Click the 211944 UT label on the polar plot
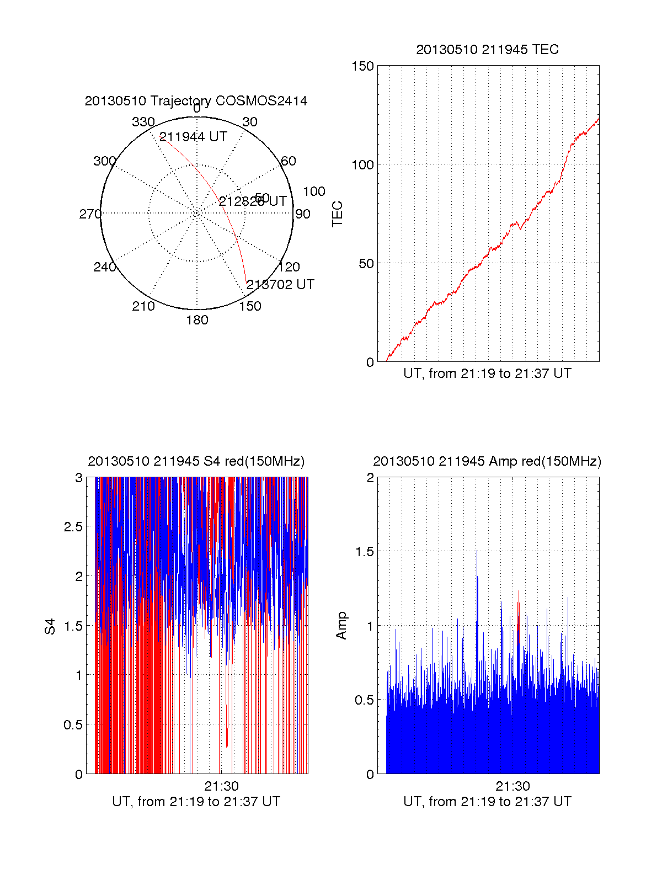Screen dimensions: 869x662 pos(193,137)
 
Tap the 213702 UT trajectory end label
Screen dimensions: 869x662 pos(280,285)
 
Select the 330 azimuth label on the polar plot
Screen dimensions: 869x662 pos(143,122)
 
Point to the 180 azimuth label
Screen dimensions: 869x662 pos(197,320)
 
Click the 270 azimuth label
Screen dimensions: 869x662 pos(90,214)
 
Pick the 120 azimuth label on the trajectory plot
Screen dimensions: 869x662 pos(289,268)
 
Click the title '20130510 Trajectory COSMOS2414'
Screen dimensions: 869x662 pos(196,101)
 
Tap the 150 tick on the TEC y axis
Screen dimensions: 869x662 pos(362,66)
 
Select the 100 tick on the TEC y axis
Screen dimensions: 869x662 pos(362,165)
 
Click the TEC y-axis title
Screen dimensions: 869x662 pos(337,214)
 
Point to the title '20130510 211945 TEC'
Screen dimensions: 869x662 pos(487,50)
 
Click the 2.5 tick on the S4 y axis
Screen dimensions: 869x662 pos(73,527)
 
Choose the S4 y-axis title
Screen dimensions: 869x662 pos(50,626)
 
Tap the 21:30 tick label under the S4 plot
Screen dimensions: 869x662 pos(221,786)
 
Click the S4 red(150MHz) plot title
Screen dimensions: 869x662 pos(196,461)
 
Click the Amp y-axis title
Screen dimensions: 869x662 pos(341,626)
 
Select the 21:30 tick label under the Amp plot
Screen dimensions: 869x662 pos(512,786)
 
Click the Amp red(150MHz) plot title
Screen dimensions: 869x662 pos(487,461)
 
